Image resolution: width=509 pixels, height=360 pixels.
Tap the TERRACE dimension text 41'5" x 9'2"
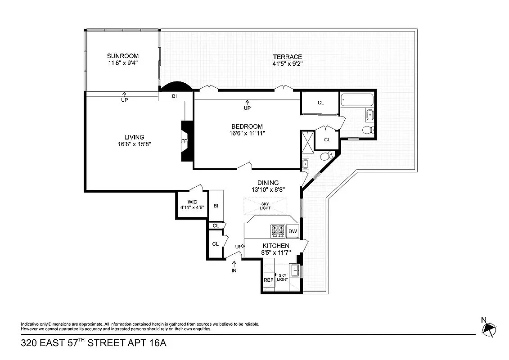click(287, 64)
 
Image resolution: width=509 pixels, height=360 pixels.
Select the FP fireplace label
click(184, 141)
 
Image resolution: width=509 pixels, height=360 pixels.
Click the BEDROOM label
click(247, 126)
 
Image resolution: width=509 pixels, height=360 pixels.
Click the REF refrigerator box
click(268, 279)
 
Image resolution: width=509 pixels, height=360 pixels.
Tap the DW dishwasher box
click(293, 231)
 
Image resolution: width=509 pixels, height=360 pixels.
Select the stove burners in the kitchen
click(278, 231)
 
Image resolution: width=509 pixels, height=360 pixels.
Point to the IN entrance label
click(234, 270)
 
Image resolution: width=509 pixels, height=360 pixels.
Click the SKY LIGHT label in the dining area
click(265, 206)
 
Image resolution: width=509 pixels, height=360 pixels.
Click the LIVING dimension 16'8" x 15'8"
click(134, 144)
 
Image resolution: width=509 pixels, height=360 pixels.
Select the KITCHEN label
click(275, 246)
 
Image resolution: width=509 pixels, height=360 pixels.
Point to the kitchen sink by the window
click(296, 271)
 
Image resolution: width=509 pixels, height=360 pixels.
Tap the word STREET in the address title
click(108, 343)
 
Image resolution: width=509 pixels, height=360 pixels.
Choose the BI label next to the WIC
click(216, 206)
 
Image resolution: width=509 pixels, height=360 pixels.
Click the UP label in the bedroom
click(247, 108)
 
